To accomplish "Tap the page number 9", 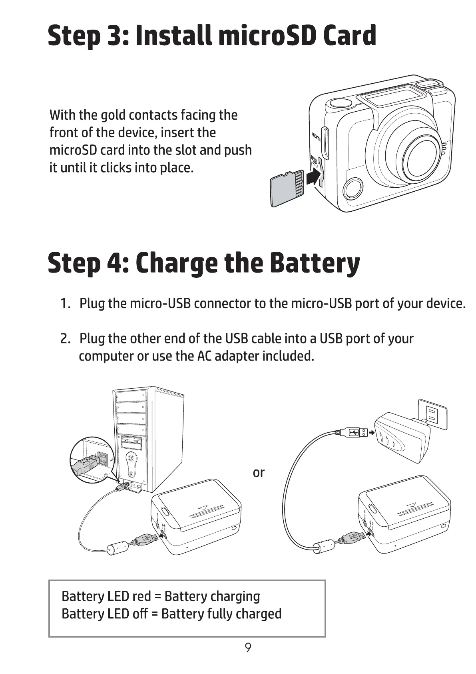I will [x=248, y=648].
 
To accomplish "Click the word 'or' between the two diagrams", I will [x=259, y=473].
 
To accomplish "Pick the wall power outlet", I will [x=432, y=414].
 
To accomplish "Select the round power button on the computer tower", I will [x=130, y=457].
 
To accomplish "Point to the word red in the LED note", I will [x=141, y=596].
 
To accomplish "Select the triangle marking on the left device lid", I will [x=203, y=508].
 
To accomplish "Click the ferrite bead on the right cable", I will [x=323, y=545].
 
